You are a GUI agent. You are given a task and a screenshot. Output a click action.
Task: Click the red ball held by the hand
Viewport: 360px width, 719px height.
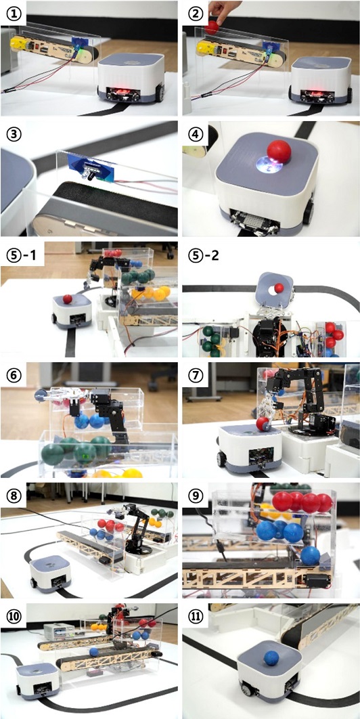[x=212, y=27]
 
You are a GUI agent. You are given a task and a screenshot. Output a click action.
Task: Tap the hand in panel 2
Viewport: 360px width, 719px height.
[x=223, y=12]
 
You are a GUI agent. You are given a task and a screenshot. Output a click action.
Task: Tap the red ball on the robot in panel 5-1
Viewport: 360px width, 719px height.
[x=68, y=299]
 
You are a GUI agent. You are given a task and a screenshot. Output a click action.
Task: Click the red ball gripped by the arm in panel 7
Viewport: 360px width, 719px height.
[x=262, y=424]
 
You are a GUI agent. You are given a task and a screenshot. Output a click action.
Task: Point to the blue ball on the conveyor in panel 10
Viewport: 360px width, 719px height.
[x=93, y=651]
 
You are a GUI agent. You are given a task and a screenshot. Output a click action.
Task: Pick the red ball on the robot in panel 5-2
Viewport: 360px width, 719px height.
[x=279, y=288]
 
